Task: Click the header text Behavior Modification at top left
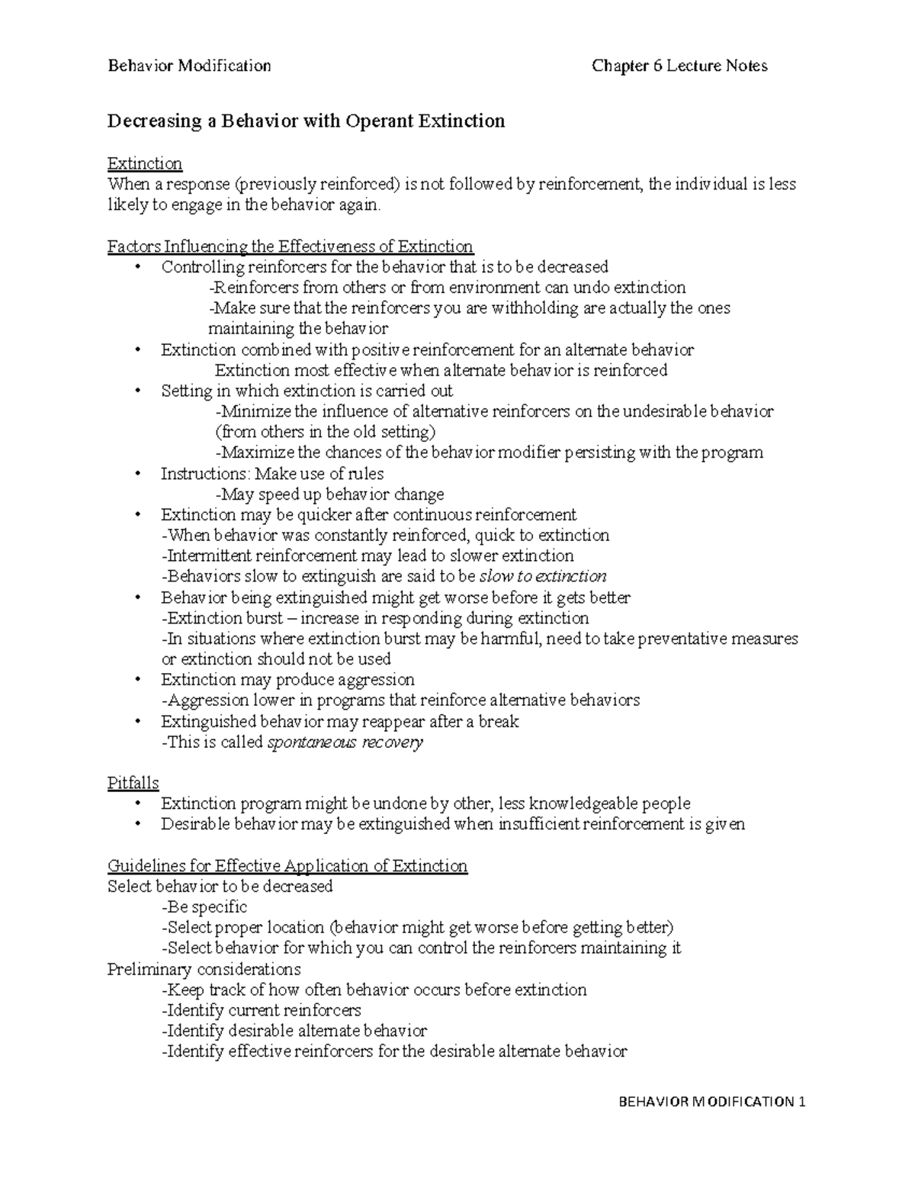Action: [x=189, y=66]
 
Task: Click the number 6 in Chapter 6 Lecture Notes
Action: [x=657, y=66]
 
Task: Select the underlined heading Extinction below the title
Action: [x=145, y=163]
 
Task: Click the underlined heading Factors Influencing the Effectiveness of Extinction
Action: [x=291, y=246]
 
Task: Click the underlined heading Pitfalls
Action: [x=133, y=783]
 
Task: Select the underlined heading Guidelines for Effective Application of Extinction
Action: [x=287, y=865]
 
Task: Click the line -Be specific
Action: [x=204, y=906]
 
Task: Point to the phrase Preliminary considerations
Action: [x=204, y=969]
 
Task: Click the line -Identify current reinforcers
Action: [x=262, y=1010]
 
